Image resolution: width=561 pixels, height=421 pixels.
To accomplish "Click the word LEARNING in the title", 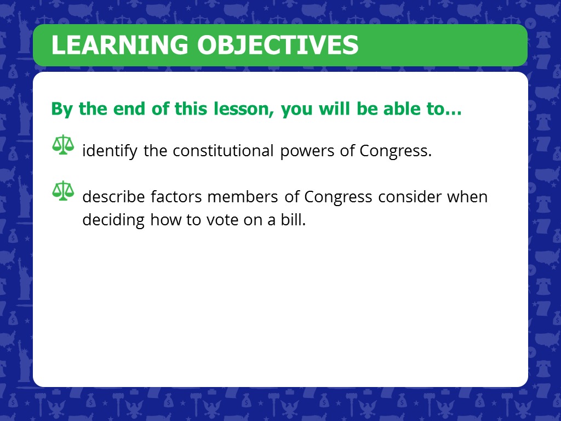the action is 119,45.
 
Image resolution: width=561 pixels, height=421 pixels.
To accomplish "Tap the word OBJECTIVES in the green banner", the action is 278,45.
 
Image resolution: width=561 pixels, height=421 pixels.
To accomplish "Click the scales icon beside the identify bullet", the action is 63,145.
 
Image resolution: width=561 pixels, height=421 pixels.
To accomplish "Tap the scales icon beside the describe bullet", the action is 63,191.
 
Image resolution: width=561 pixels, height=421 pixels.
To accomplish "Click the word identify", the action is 110,151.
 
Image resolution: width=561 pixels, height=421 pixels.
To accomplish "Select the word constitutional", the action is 223,150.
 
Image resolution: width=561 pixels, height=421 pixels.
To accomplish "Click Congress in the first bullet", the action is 396,151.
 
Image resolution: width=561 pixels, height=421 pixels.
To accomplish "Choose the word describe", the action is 113,197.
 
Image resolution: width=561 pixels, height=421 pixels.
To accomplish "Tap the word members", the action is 242,197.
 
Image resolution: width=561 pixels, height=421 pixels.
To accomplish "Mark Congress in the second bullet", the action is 338,197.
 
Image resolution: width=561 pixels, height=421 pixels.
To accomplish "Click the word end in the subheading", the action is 129,109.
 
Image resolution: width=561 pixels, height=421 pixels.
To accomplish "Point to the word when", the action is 467,197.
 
